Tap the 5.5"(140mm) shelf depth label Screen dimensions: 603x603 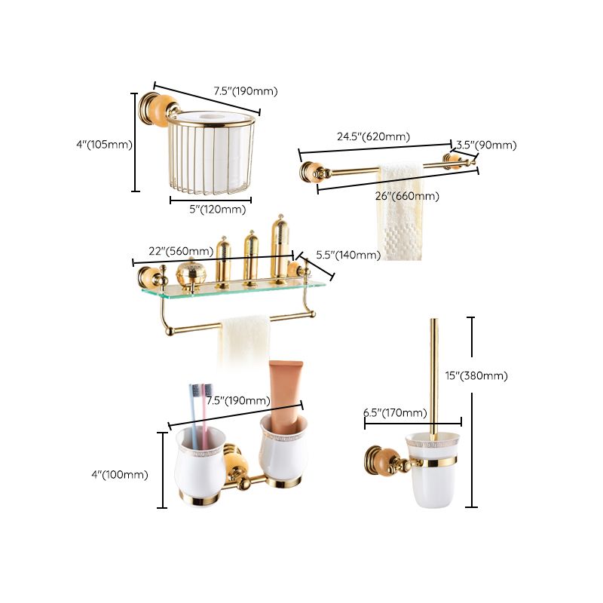(x=347, y=255)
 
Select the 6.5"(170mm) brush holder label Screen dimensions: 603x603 (x=395, y=412)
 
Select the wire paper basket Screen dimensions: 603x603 (x=212, y=155)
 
